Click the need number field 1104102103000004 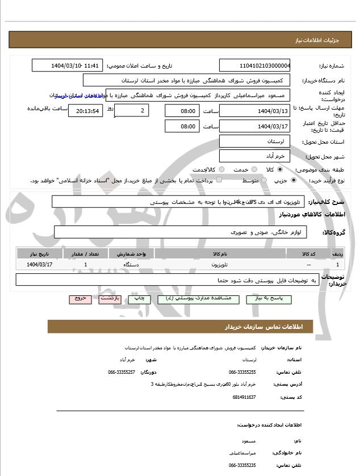click(254, 66)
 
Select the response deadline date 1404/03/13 click(254, 111)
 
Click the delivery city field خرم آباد click(254, 156)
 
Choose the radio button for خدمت click(253, 170)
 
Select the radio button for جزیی click(293, 181)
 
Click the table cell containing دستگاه click(131, 265)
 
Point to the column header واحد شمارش click(131, 253)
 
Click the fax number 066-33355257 click(122, 372)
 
